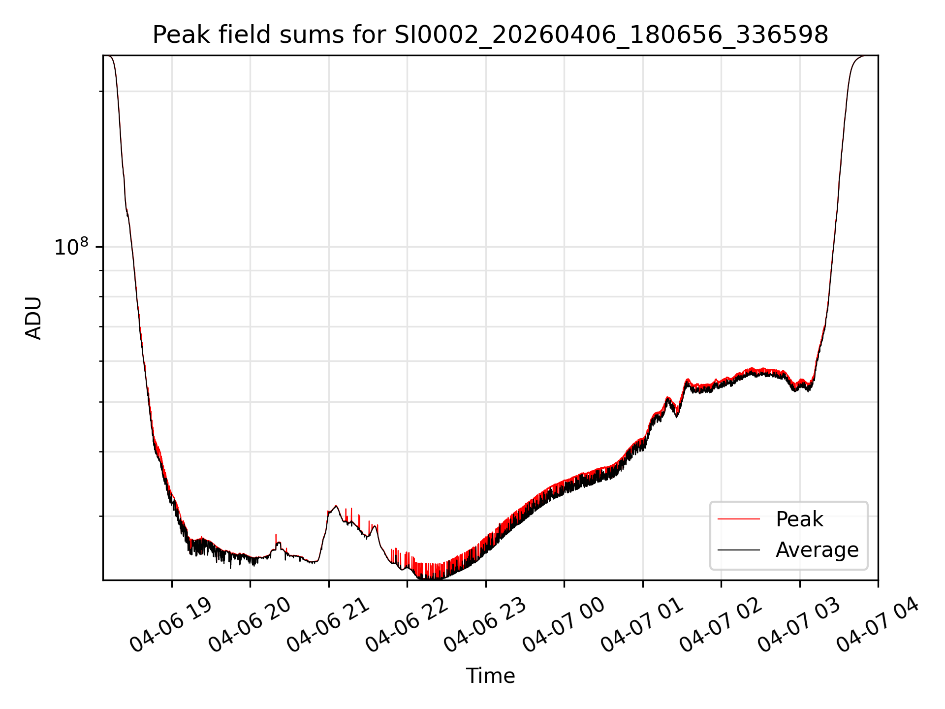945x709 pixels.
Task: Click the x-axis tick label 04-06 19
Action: point(170,624)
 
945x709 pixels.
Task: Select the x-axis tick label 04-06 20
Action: point(249,624)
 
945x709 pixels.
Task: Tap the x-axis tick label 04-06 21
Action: point(328,624)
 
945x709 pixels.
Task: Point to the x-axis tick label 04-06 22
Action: point(407,624)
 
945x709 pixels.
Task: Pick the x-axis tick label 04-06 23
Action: point(485,624)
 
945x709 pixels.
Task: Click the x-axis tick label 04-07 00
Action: point(564,624)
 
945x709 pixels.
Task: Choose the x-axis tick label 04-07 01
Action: point(642,624)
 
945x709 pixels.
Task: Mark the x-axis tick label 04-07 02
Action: point(721,624)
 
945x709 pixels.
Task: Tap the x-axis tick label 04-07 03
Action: point(799,624)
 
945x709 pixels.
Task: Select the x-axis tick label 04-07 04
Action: point(878,624)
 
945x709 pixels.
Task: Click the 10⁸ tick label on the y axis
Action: point(71,247)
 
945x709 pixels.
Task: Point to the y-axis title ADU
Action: point(33,318)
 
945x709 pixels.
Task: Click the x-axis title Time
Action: point(490,676)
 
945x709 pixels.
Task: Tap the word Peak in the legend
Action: point(799,519)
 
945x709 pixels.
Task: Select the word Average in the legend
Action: point(817,550)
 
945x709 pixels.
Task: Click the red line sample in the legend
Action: point(738,519)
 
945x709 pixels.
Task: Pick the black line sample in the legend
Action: point(738,549)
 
